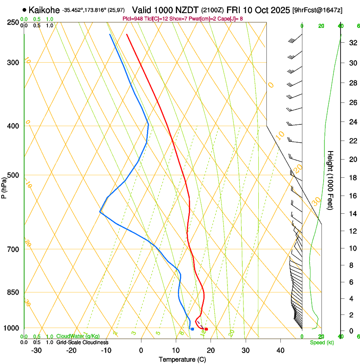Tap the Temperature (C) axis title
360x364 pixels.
coord(182,359)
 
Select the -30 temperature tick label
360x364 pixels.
coord(36,350)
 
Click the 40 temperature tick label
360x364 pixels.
coord(280,350)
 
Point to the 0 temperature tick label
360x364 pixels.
coord(141,350)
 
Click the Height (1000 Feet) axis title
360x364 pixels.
coord(331,180)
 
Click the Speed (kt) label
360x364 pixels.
coord(322,342)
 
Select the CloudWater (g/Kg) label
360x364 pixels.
coord(78,336)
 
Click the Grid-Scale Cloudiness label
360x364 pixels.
coord(82,342)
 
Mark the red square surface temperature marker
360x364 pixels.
coord(206,329)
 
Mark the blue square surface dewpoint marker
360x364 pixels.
coord(192,329)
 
